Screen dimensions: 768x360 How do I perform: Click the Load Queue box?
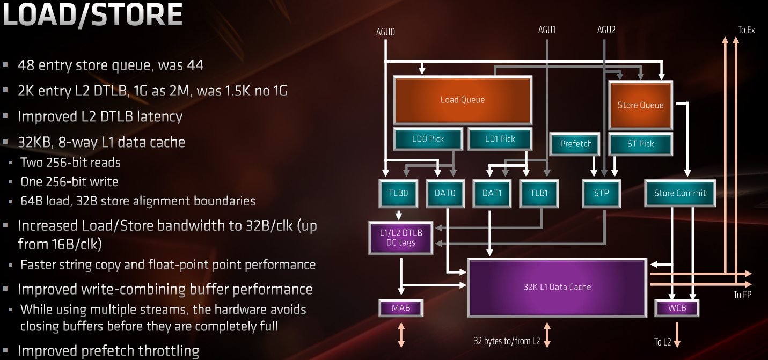tap(463, 100)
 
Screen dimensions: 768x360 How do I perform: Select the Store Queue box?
tap(640, 105)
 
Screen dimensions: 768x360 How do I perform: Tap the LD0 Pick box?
tap(428, 139)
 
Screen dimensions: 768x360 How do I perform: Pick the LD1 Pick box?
tap(500, 139)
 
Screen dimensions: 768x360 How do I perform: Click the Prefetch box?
tap(576, 144)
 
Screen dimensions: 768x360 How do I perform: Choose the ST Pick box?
tap(640, 144)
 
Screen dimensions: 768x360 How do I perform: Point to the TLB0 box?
tap(398, 193)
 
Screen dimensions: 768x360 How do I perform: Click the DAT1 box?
tap(492, 193)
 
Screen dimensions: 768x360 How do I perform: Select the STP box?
tap(602, 193)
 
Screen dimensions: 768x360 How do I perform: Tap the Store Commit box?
tap(680, 193)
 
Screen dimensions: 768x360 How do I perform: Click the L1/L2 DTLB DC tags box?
tap(401, 238)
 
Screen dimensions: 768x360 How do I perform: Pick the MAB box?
tap(401, 308)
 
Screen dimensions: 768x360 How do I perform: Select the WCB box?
tap(677, 308)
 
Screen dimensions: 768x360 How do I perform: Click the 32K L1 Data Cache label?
tap(557, 287)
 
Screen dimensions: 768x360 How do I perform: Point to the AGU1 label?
tap(546, 30)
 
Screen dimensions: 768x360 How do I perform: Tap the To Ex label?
tap(746, 30)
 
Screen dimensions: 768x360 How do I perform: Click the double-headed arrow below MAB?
tap(401, 335)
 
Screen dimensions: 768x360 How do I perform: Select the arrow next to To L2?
tap(677, 335)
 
